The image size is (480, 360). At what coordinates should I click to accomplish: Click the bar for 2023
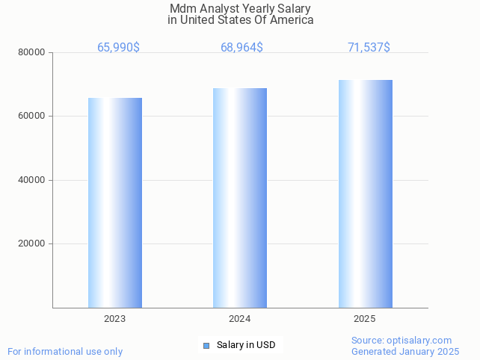coord(115,202)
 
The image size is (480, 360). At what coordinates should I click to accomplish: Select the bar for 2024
coord(240,198)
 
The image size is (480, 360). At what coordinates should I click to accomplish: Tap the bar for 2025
coord(365,193)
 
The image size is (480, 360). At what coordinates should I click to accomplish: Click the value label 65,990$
coord(118,48)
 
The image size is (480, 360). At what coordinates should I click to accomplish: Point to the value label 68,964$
coord(241,48)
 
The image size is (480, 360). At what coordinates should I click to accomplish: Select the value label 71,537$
coord(369,48)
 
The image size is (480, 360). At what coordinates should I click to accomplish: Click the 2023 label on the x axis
coord(115,319)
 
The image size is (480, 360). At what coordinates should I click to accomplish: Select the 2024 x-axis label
coord(240,319)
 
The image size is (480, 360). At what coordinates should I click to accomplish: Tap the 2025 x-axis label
coord(365,319)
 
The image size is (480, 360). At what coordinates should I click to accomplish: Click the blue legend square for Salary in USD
coord(207,345)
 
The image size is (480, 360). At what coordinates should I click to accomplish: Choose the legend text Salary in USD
coord(246,345)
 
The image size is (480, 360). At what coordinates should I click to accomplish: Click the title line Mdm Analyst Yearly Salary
coord(240,9)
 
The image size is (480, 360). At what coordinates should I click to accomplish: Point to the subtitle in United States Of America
coord(240,20)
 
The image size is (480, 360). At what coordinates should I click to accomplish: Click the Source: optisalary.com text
coord(401,341)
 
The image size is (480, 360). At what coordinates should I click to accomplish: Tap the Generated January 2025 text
coord(405,352)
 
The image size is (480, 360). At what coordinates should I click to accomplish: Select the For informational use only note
coord(65,352)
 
